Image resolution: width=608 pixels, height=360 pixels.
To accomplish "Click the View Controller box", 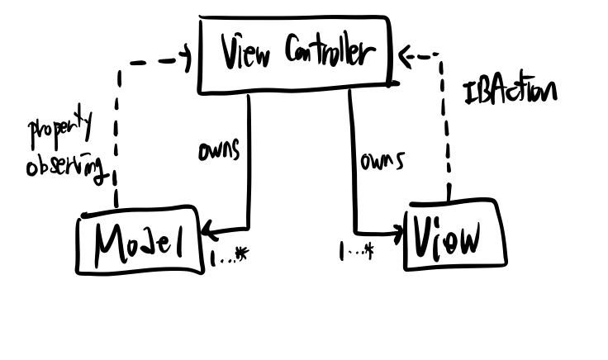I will pyautogui.click(x=293, y=54).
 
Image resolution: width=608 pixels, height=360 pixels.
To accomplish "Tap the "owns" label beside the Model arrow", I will pyautogui.click(x=218, y=152).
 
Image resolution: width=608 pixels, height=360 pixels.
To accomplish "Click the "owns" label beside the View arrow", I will pyautogui.click(x=382, y=161).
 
